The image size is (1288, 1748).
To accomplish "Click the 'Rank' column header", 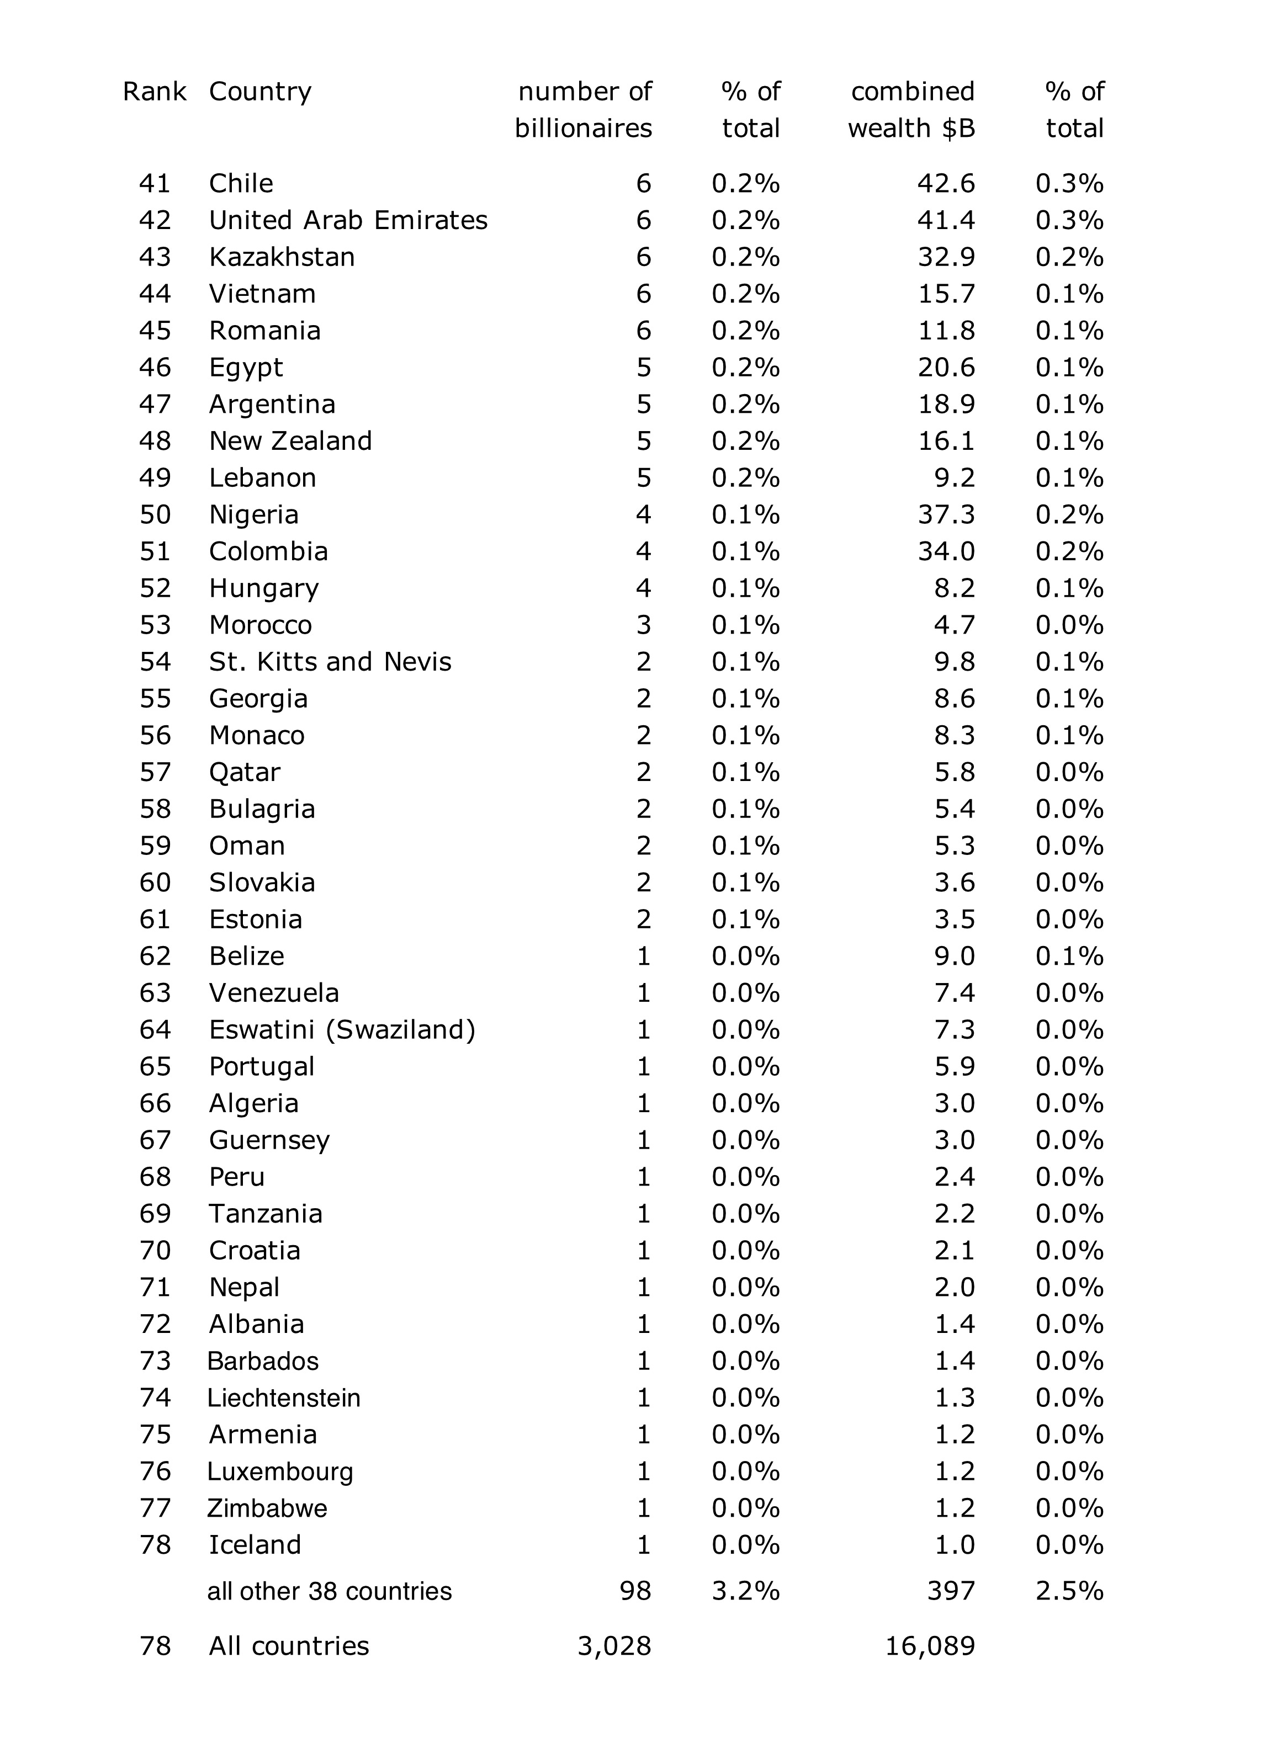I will tap(155, 92).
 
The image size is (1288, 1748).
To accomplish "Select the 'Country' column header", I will tap(259, 92).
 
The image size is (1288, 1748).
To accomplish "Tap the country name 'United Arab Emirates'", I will tap(348, 221).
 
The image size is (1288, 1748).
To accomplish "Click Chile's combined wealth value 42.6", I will tap(946, 184).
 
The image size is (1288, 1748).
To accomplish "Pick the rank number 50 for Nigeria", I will tap(155, 515).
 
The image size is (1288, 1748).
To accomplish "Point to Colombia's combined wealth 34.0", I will tap(946, 552).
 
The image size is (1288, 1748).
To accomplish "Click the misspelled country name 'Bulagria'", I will tap(262, 809).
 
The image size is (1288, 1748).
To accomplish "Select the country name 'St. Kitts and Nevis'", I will tap(330, 662).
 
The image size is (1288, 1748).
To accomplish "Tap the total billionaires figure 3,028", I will tap(614, 1646).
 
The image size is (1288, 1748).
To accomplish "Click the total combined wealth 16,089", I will tap(930, 1646).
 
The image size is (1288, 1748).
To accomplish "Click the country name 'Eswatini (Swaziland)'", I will tap(342, 1030).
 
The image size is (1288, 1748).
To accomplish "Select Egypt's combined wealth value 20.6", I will tap(946, 368).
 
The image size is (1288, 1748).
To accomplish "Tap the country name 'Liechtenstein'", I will tap(284, 1398).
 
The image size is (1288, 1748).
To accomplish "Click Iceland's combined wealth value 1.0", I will tap(955, 1545).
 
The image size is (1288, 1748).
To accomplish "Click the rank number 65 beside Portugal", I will tap(155, 1067).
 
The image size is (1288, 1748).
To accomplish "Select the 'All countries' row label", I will tap(289, 1646).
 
